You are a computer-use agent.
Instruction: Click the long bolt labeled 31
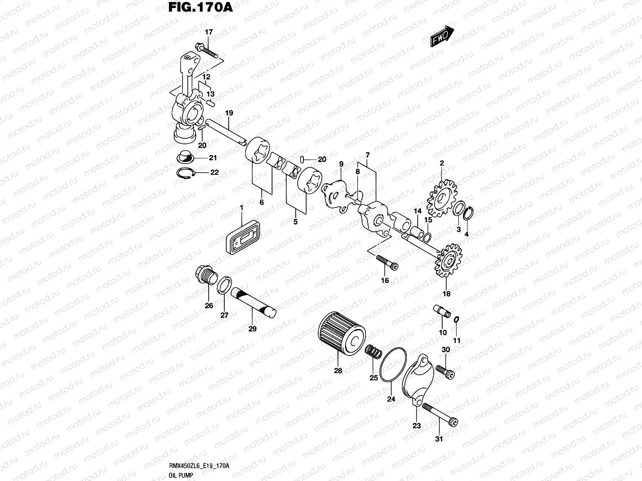pos(440,414)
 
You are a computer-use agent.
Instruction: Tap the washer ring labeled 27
pos(224,285)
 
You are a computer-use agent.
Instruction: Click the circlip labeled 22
pos(187,173)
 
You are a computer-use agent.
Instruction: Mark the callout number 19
pos(229,113)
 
